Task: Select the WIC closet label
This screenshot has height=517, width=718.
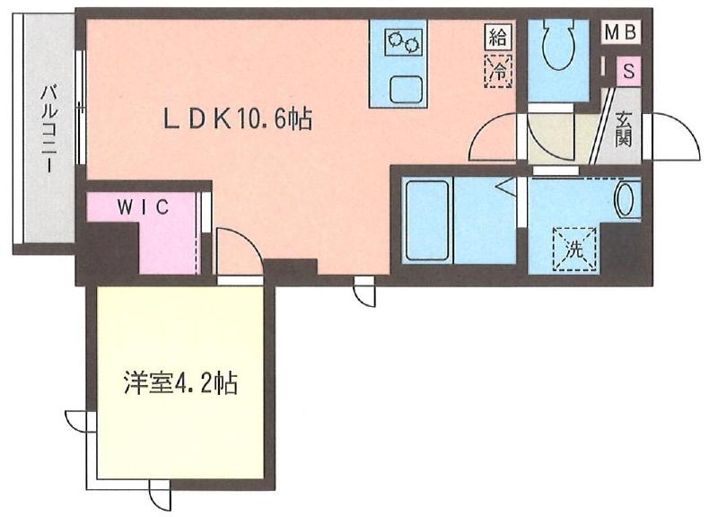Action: [x=144, y=206]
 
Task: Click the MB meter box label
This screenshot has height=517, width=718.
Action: [x=620, y=32]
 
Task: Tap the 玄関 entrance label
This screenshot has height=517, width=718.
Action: [x=625, y=128]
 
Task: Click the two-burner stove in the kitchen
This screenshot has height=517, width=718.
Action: [x=403, y=42]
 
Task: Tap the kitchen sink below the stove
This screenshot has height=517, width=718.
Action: [x=403, y=89]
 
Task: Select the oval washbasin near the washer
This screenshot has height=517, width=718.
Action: [x=626, y=199]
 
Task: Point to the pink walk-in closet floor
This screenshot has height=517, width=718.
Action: [x=166, y=238]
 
